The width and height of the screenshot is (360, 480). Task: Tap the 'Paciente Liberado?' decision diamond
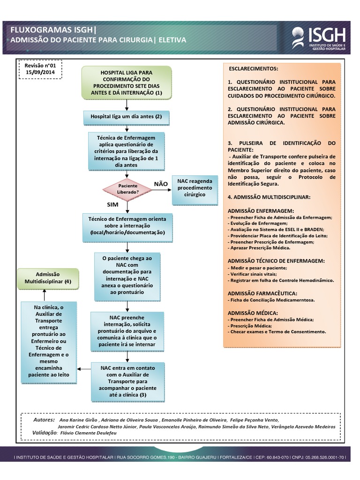128,189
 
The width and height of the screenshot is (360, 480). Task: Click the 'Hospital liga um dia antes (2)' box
126,117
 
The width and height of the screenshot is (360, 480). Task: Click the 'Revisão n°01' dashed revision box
40,69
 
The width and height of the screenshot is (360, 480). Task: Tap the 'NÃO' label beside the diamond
161,184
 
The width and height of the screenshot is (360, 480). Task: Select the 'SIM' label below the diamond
113,205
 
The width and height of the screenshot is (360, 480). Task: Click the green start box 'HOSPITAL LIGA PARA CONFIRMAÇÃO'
127,82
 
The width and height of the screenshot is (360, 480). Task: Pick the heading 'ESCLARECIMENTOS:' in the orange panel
253,68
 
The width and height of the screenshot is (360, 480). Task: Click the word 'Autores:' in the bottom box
45,420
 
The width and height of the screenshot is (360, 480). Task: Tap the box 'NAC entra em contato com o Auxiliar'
128,382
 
